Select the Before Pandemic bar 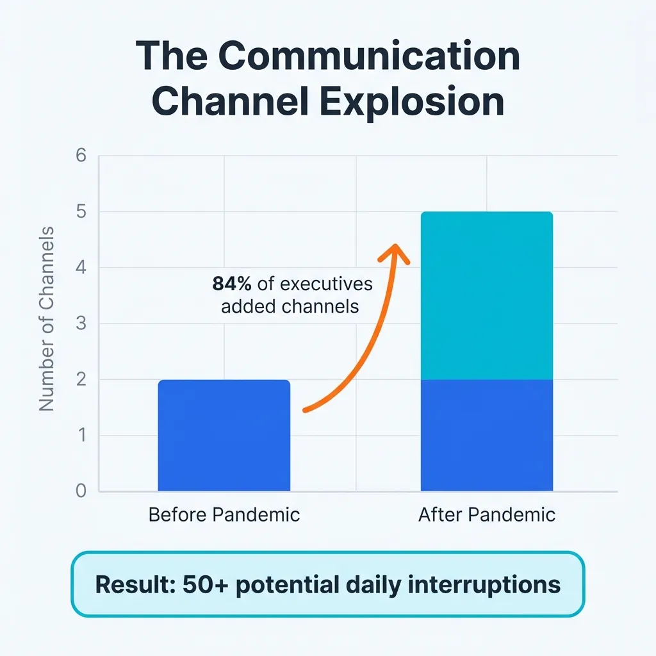coord(224,436)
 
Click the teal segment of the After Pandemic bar coord(486,295)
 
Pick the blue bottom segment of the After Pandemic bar coord(486,436)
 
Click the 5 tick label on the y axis coord(80,212)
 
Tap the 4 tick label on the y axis coord(80,268)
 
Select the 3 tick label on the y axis coord(80,324)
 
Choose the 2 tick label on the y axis coord(80,380)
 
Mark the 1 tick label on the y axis coord(80,436)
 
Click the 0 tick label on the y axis coord(80,491)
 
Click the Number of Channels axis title coord(47,318)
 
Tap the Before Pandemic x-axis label coord(224,514)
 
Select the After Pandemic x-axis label coord(486,514)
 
